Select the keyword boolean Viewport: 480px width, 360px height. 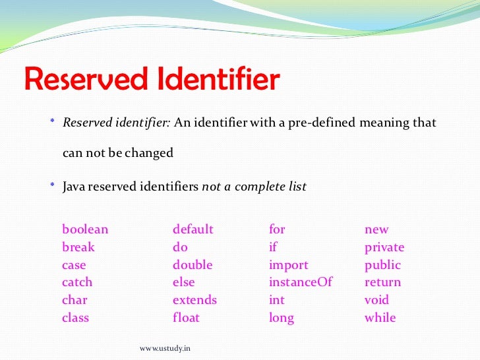85,229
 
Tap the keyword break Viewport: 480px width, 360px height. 78,247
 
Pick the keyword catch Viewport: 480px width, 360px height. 77,282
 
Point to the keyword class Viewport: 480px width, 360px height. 75,318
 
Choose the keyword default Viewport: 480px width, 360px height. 193,229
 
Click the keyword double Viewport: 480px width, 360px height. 193,265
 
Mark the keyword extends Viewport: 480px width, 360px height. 195,300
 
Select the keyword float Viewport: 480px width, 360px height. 186,318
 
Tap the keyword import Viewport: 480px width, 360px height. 288,265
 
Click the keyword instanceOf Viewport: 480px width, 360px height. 301,282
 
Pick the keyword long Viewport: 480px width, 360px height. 282,318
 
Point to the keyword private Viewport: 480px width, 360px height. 384,248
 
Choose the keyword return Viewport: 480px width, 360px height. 382,283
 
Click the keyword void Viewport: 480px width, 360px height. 377,300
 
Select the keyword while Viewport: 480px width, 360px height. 380,318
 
